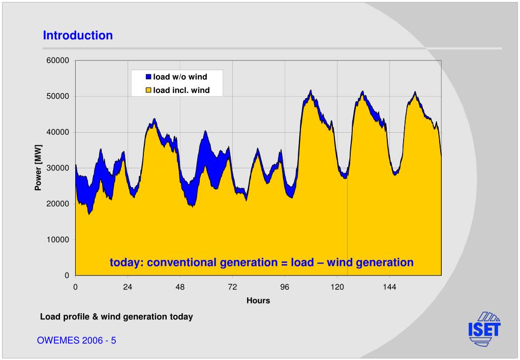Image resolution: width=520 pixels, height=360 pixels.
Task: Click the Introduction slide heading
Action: click(x=78, y=36)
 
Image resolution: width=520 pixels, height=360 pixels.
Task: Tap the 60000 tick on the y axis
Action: click(x=57, y=61)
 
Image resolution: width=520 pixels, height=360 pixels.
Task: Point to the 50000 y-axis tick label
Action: click(x=57, y=97)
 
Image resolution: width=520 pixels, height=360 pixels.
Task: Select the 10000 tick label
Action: click(x=57, y=240)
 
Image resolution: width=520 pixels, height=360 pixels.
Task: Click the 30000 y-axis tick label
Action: click(x=57, y=168)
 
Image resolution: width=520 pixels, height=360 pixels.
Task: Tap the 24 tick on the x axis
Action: click(x=128, y=287)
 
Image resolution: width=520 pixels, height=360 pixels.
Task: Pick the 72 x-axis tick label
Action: click(x=232, y=287)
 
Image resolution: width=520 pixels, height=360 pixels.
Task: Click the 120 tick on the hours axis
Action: click(x=337, y=287)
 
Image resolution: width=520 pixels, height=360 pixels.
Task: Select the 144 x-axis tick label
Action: click(x=389, y=287)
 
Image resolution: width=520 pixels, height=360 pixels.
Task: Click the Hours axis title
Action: click(x=258, y=301)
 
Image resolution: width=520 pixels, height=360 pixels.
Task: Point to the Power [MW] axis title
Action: click(x=38, y=168)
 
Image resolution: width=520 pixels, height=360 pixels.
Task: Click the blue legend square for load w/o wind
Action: click(x=149, y=77)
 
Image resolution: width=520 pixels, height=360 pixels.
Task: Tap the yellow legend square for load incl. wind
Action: click(x=149, y=91)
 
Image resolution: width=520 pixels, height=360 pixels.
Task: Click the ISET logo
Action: click(x=484, y=329)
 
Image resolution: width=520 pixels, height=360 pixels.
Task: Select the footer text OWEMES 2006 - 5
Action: click(x=76, y=341)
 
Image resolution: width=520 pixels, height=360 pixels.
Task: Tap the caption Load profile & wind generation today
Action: click(x=116, y=317)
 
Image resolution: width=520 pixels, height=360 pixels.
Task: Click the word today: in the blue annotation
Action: click(x=127, y=263)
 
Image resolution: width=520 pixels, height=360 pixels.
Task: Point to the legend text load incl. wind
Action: click(x=181, y=91)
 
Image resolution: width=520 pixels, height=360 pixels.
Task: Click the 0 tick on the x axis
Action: click(x=75, y=287)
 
